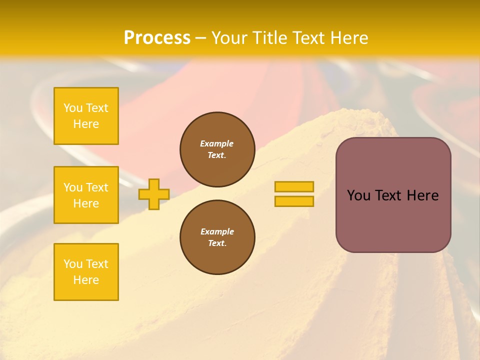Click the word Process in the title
[157, 38]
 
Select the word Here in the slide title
[346, 38]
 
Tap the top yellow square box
[86, 116]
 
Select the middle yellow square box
[86, 195]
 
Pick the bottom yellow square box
[86, 272]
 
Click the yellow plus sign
[154, 194]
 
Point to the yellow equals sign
[294, 194]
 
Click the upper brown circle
[217, 149]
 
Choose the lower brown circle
[217, 237]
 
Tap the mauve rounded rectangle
[393, 195]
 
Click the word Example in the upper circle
[217, 144]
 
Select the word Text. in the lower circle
[217, 243]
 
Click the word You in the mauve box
[358, 195]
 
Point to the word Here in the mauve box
[422, 195]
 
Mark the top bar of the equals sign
[294, 187]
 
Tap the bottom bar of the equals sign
[294, 201]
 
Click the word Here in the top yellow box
[86, 124]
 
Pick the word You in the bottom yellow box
[73, 264]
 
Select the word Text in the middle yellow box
[97, 187]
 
